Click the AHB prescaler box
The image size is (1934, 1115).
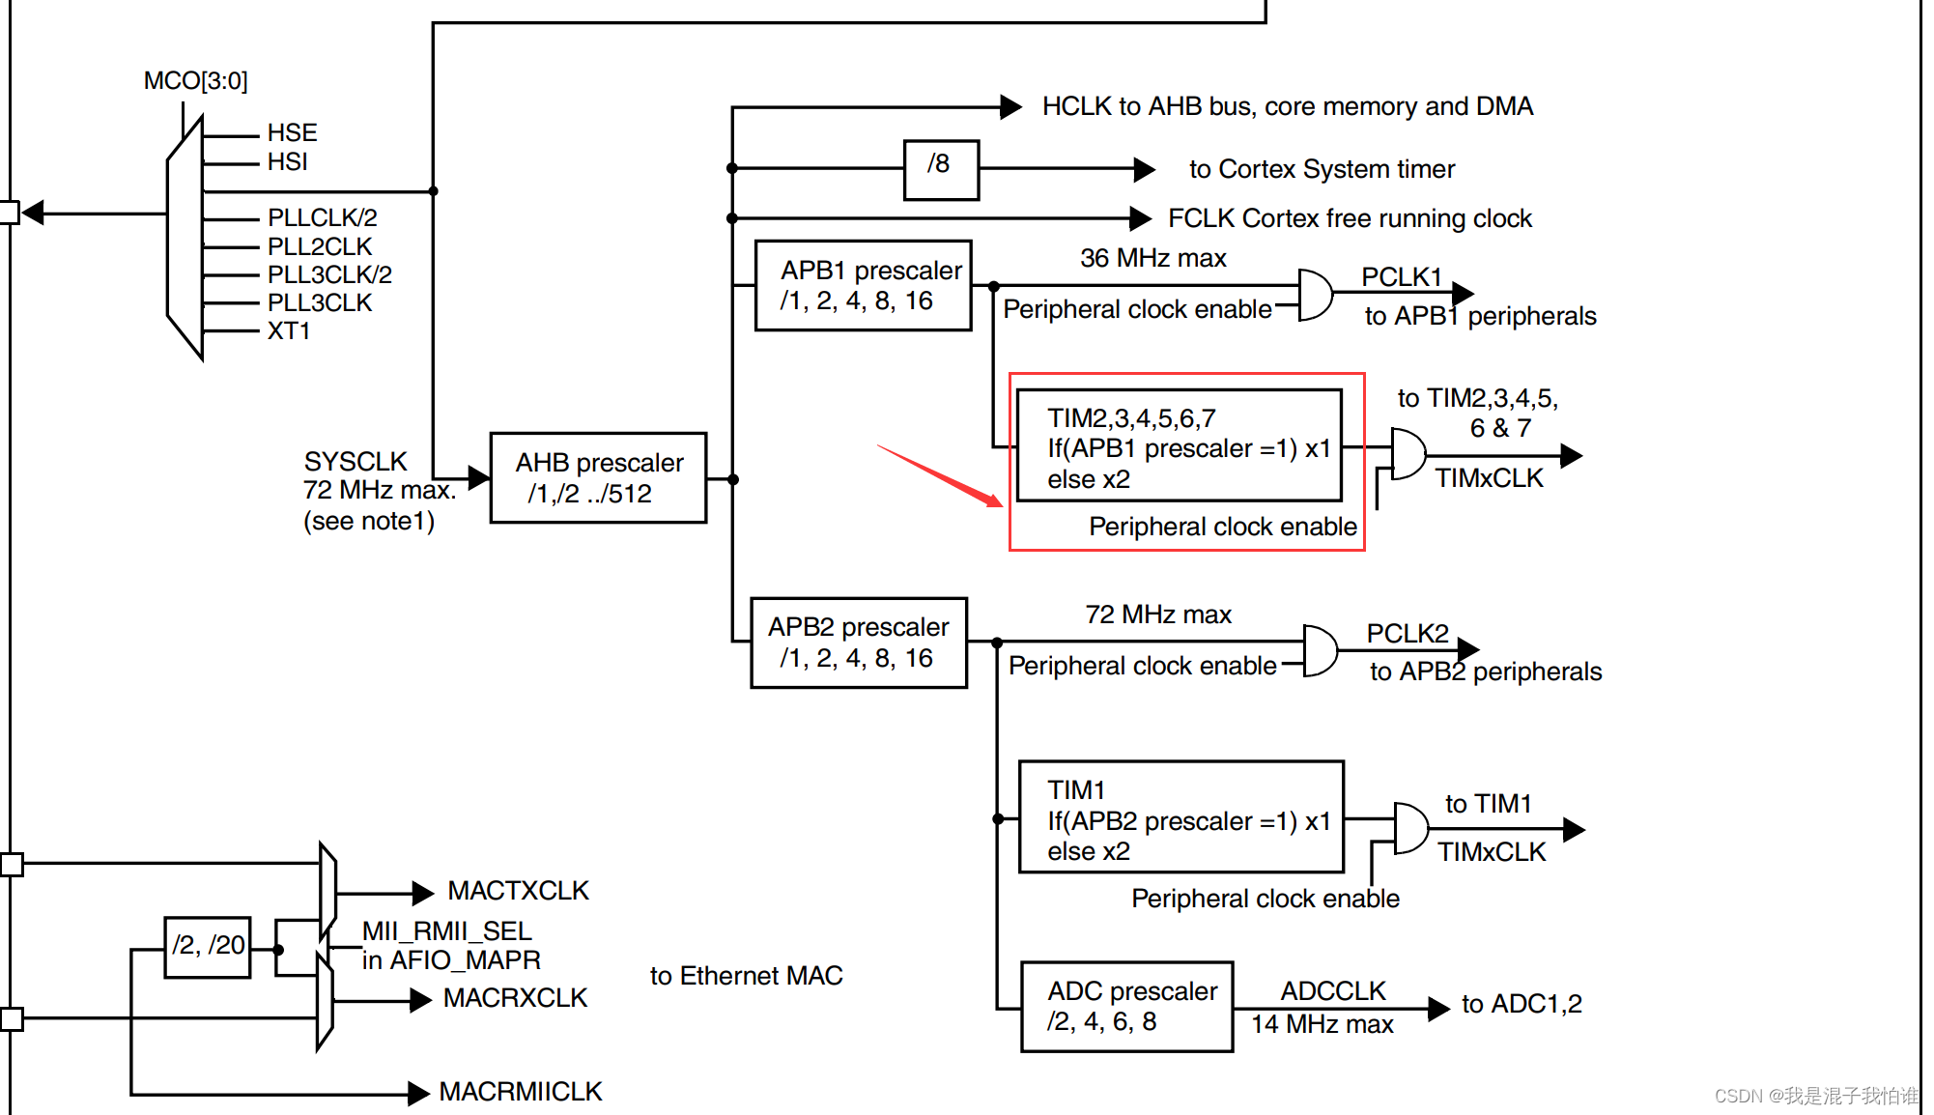598,477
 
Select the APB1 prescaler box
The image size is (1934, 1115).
863,286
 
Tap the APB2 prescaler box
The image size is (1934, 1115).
859,643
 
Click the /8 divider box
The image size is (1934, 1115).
941,169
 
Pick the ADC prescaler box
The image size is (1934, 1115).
1126,1007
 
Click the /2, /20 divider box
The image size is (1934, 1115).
208,946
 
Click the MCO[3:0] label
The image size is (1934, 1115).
196,80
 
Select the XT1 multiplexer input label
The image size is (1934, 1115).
289,330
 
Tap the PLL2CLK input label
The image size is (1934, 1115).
320,246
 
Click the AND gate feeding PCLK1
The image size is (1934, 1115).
1315,295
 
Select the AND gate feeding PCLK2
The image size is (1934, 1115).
1320,650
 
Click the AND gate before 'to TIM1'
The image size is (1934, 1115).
1410,828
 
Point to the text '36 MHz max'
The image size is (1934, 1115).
1152,258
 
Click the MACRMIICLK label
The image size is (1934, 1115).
520,1092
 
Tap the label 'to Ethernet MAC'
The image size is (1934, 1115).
746,976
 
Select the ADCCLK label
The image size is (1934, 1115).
1332,990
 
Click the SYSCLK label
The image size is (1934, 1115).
356,461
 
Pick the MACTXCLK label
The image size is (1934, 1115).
518,891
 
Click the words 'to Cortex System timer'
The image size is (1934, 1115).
1321,169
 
